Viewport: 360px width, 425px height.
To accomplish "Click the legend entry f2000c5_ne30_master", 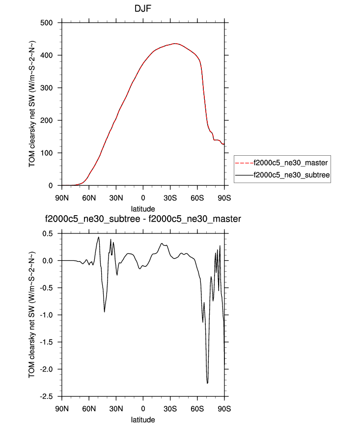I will pyautogui.click(x=290, y=162).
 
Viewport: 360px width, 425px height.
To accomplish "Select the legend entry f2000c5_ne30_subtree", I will pyautogui.click(x=290, y=174).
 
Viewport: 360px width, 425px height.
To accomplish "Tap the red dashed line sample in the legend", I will pyautogui.click(x=244, y=162).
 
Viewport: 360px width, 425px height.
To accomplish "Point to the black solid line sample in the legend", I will pyautogui.click(x=244, y=174).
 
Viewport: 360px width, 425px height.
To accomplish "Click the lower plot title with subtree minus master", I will pyautogui.click(x=143, y=219).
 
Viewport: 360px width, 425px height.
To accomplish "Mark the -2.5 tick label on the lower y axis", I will pyautogui.click(x=48, y=397).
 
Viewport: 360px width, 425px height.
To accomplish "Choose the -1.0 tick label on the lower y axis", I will pyautogui.click(x=48, y=315).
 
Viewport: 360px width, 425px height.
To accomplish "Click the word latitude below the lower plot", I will pyautogui.click(x=143, y=420).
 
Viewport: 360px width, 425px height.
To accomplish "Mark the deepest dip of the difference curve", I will pyautogui.click(x=207, y=383).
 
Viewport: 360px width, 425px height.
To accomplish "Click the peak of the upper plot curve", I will pyautogui.click(x=175, y=44).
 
